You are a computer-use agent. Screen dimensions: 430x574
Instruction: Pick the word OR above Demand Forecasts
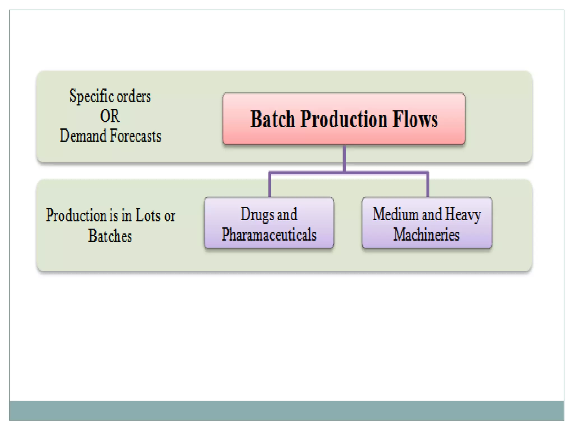tap(110, 116)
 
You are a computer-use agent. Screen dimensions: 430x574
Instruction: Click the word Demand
tap(83, 136)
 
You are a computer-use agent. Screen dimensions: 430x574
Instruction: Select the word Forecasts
tap(135, 136)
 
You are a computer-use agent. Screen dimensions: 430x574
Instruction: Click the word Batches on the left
tap(110, 236)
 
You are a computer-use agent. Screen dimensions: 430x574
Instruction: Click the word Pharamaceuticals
tap(269, 235)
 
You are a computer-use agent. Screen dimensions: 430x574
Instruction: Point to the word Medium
tap(395, 214)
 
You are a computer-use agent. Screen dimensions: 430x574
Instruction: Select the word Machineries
tap(426, 235)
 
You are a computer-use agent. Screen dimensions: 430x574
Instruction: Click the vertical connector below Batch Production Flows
tap(344, 158)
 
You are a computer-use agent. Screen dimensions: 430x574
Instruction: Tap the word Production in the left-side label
tap(76, 216)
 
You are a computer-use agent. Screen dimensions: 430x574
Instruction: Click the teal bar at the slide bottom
tap(286, 410)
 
